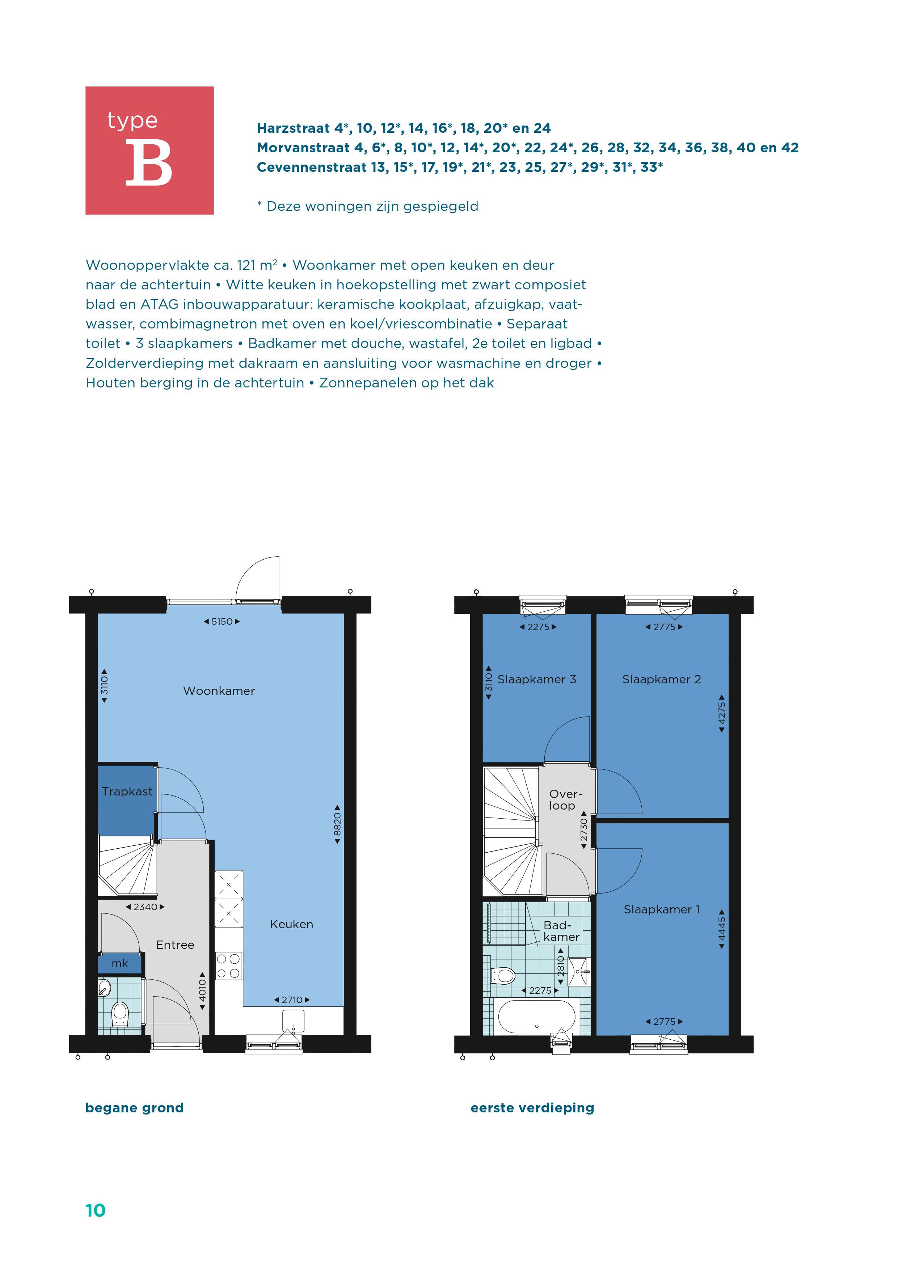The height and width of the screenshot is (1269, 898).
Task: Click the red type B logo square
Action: (149, 150)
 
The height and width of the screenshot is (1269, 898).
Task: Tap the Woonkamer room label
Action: (219, 691)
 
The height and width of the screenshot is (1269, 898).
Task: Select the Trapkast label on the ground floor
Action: (127, 791)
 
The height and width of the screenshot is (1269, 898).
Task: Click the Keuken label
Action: (291, 924)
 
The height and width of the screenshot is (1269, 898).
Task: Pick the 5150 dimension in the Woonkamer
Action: (222, 621)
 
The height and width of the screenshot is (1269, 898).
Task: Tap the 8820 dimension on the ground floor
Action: (337, 824)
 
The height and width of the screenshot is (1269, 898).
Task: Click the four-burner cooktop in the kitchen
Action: (228, 965)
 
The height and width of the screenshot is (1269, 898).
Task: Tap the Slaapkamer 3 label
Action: (536, 679)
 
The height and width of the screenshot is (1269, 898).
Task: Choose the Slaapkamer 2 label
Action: (661, 679)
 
